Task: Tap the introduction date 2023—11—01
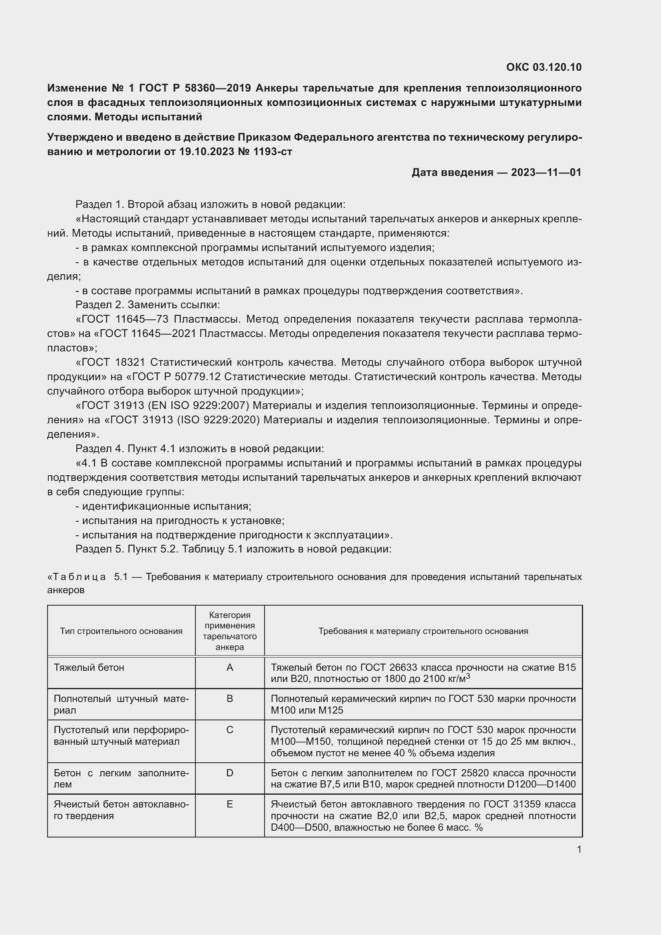tap(546, 172)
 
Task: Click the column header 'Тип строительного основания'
tap(121, 631)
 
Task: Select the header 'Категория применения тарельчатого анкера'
tap(229, 631)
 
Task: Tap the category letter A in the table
tap(229, 668)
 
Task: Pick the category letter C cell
tap(229, 730)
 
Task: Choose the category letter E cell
tap(229, 804)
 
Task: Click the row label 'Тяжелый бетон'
tap(89, 668)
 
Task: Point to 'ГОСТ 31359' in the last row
tap(511, 804)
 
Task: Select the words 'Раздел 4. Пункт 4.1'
tap(126, 449)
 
